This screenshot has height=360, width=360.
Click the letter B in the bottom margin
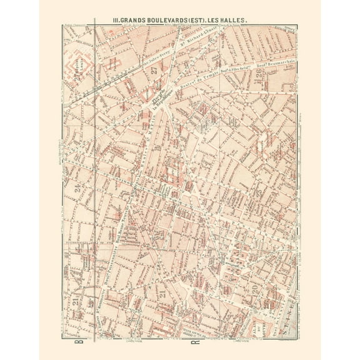point(79,343)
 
